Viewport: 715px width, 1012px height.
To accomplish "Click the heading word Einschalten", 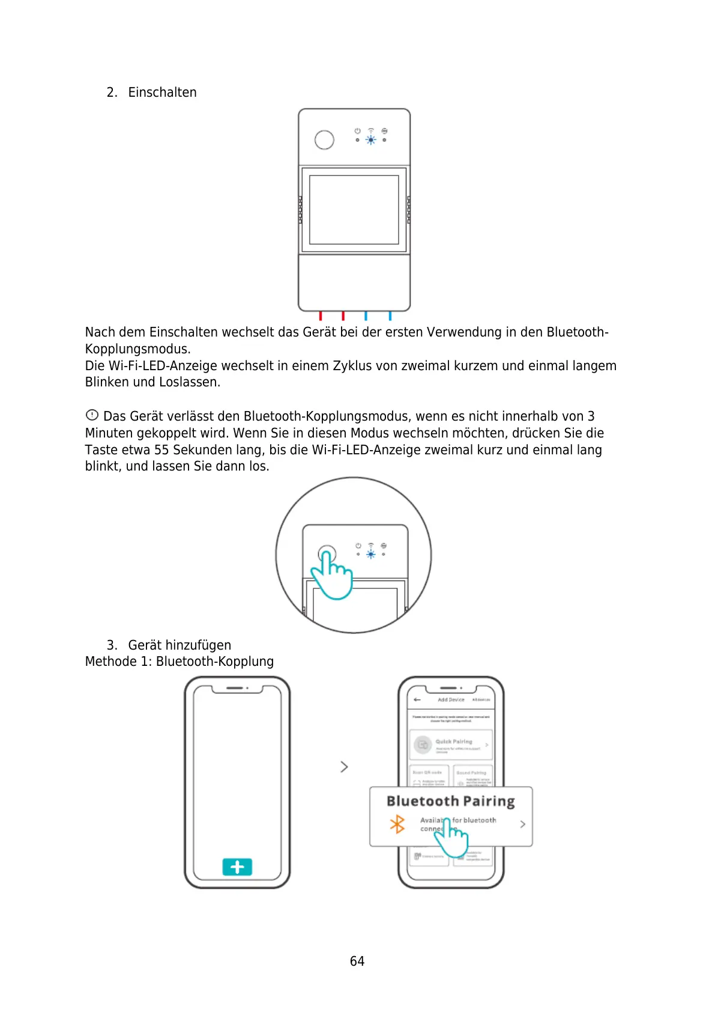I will point(162,93).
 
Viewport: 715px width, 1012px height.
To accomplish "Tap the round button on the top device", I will point(324,140).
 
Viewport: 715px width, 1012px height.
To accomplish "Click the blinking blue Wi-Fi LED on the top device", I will point(371,140).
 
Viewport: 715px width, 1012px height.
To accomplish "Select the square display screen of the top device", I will point(354,209).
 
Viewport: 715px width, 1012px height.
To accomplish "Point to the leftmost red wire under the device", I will point(321,315).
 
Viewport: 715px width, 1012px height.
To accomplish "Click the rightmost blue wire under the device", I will point(390,315).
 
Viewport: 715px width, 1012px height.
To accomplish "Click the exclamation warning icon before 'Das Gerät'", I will point(92,415).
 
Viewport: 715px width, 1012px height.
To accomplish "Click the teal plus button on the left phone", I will point(237,867).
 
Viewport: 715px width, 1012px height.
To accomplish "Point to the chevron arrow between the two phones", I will point(344,767).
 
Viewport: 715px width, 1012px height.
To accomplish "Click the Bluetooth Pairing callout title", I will point(450,801).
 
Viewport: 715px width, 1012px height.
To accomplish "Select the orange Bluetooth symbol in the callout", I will point(397,824).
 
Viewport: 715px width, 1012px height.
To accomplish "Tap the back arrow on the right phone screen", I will point(417,700).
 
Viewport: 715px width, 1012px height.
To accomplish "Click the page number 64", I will point(357,961).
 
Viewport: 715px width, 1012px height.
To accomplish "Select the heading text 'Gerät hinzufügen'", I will point(180,645).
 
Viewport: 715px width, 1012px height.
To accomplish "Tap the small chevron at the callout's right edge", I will point(522,824).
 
